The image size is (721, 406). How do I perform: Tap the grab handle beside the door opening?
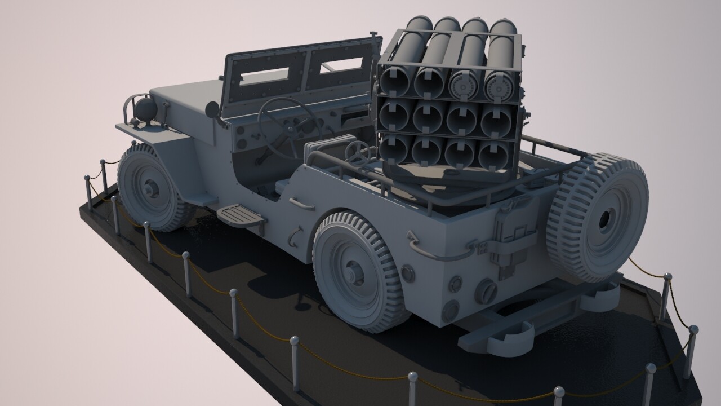(301, 204)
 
